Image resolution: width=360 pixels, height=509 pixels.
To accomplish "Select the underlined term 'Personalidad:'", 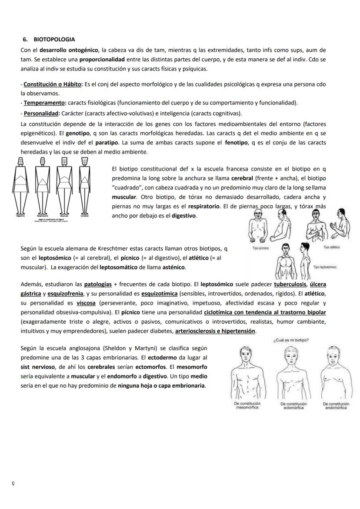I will pos(41,114).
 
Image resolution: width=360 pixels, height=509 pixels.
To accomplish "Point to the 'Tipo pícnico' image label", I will pos(261,248).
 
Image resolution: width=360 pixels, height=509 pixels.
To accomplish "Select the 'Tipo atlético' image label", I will pos(331,247).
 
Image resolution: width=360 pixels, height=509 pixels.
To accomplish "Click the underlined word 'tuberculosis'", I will pos(290,284).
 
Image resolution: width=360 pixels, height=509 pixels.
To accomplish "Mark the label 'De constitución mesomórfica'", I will pos(247,405).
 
